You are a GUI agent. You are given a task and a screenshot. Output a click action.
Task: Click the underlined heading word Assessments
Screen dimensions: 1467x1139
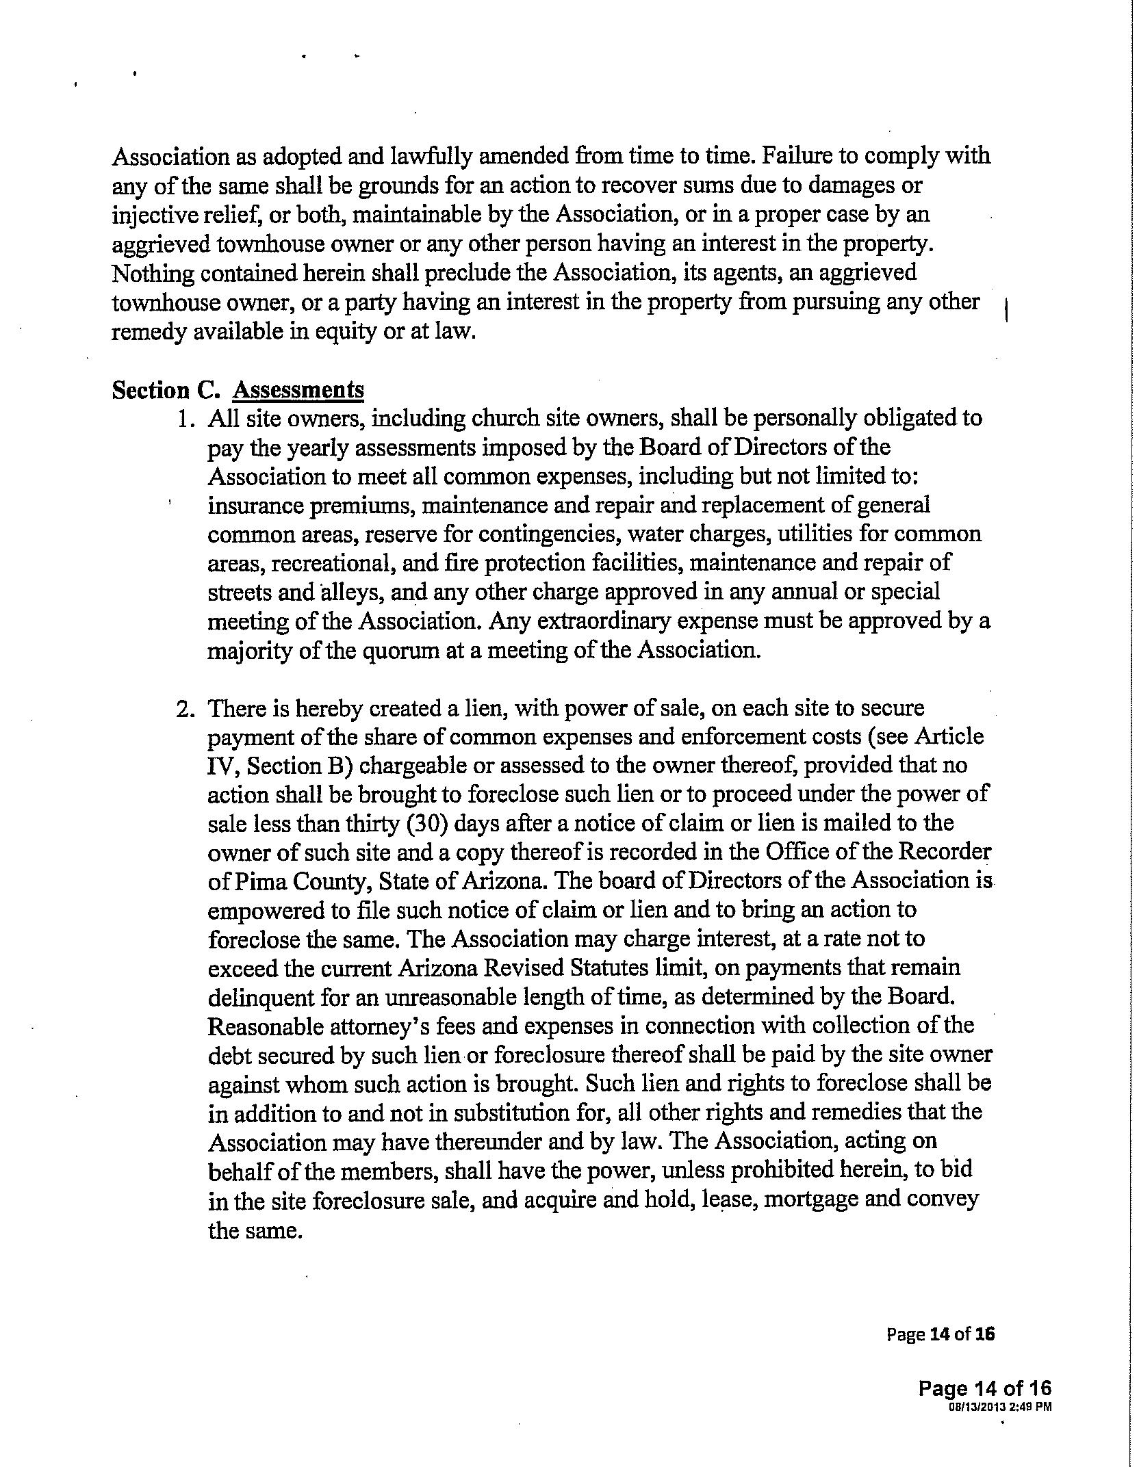pyautogui.click(x=298, y=390)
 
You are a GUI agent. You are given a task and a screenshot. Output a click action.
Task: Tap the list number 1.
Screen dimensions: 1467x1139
pyautogui.click(x=183, y=418)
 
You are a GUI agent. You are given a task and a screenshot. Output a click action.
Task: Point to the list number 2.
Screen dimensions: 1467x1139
pyautogui.click(x=183, y=708)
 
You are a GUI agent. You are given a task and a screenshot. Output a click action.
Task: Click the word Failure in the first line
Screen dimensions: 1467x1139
pyautogui.click(x=795, y=155)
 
